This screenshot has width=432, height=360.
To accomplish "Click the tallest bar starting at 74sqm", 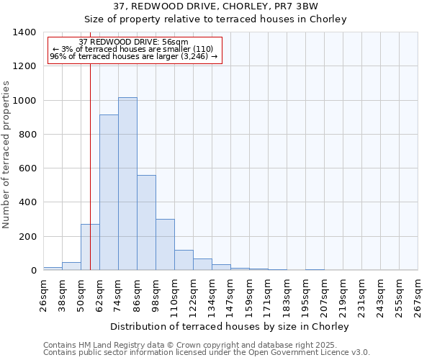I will (x=127, y=184).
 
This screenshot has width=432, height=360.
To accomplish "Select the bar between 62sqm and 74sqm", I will (x=109, y=192).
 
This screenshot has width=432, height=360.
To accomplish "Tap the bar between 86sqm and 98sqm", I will (x=146, y=222).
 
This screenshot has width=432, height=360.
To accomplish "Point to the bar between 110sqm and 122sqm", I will (x=184, y=260).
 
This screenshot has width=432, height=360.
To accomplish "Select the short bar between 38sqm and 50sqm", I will (x=71, y=266).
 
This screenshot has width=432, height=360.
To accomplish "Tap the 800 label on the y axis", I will (x=27, y=135).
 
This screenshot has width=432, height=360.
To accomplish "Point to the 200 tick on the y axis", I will (x=27, y=236).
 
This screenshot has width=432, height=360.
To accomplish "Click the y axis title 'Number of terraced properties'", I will (x=6, y=155).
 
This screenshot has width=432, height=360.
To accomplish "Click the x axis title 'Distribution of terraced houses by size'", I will (x=230, y=326).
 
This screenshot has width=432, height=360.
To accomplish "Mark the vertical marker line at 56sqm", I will (x=90, y=144).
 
